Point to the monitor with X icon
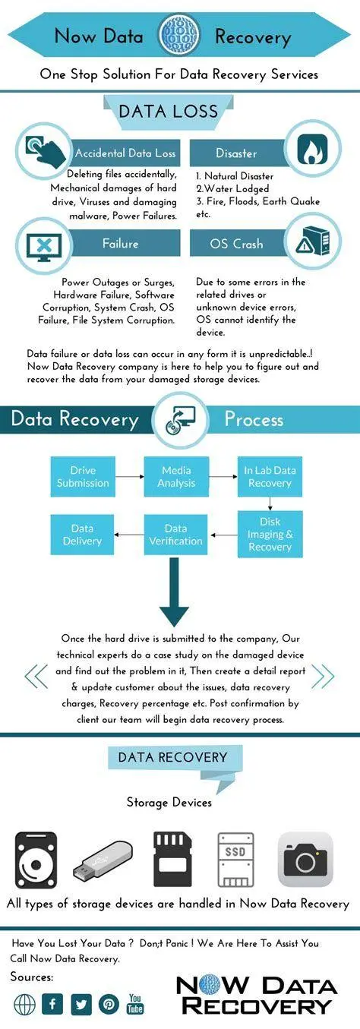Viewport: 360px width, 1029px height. (x=45, y=244)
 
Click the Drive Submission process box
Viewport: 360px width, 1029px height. (x=83, y=476)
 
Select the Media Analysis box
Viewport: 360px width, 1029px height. (x=176, y=476)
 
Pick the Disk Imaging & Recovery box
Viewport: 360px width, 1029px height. (x=270, y=535)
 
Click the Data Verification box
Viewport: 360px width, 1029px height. (x=176, y=535)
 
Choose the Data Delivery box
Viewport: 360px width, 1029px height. (x=82, y=535)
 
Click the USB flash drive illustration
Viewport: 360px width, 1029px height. (x=103, y=860)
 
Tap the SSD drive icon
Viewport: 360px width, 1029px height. (x=235, y=860)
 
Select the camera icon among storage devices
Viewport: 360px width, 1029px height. (x=305, y=860)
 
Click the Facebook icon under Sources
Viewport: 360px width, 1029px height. (x=52, y=1004)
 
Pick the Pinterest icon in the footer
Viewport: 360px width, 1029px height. (x=109, y=1004)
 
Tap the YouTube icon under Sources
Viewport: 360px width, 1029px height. (x=136, y=1003)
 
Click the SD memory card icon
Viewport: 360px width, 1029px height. (x=172, y=860)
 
